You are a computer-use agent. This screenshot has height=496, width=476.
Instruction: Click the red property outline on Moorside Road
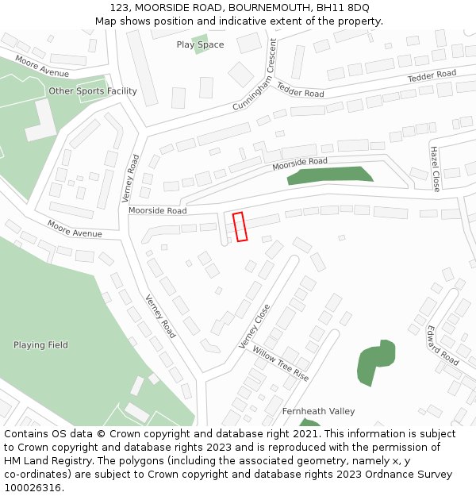click(240, 226)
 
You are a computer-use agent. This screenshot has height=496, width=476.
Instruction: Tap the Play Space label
click(200, 44)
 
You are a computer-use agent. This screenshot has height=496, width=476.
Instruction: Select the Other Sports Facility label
click(93, 91)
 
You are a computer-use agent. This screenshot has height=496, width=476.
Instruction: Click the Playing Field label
click(40, 345)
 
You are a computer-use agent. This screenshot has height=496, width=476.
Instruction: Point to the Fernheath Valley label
click(318, 411)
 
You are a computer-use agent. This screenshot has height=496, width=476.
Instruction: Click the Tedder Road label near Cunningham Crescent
click(300, 90)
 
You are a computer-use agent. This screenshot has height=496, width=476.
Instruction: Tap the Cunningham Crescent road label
click(254, 75)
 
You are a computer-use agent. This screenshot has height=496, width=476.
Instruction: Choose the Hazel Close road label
click(435, 168)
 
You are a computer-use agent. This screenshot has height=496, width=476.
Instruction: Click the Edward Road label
click(443, 345)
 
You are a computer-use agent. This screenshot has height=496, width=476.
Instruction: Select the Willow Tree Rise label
click(280, 363)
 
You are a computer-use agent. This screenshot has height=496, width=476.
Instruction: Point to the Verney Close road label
click(255, 326)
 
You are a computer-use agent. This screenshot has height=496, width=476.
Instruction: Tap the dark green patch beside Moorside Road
click(330, 175)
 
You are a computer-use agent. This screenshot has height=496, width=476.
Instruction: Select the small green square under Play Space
click(200, 38)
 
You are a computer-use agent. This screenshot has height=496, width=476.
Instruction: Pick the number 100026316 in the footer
click(33, 487)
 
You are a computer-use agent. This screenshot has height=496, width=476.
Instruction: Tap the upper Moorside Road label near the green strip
click(300, 164)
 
